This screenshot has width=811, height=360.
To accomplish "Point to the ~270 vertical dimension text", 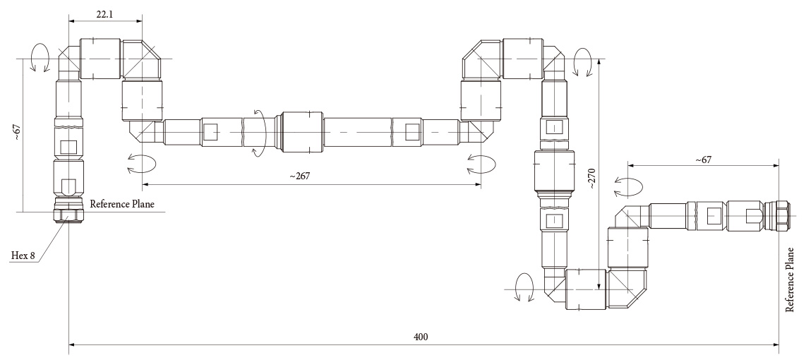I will tap(590, 179).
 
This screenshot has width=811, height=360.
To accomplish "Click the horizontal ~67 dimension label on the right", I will tap(703, 160).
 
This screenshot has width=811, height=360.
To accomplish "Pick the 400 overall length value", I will tap(421, 336).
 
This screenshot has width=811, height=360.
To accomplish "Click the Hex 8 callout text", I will tap(23, 255).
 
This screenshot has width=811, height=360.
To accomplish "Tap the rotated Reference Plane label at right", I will tap(792, 279).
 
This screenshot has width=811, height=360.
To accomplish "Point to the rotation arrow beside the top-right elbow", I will tap(584, 63).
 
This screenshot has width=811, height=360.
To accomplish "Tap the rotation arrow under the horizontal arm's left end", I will tap(140, 164).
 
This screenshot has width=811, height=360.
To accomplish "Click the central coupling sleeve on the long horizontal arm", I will tap(302, 131).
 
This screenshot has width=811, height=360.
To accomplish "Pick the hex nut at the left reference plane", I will tap(68, 213).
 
